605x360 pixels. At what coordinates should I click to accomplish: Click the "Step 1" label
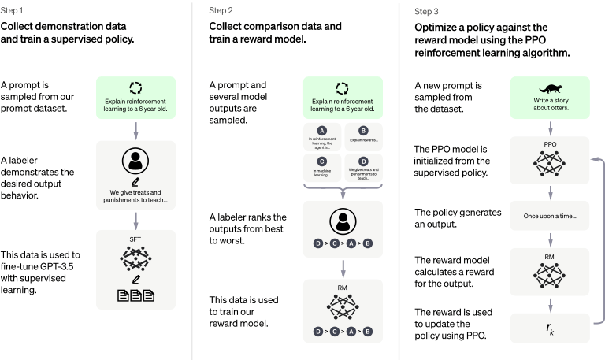coord(13,11)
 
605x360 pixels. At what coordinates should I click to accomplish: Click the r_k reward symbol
coord(550,328)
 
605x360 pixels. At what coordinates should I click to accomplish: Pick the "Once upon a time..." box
coord(550,215)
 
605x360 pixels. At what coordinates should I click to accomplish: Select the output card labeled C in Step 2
coord(321,167)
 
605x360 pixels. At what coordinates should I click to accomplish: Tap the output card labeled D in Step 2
coord(363,167)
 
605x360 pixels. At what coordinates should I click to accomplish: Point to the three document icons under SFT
coord(134,296)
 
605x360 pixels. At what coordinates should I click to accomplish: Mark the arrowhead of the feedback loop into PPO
coord(592,159)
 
